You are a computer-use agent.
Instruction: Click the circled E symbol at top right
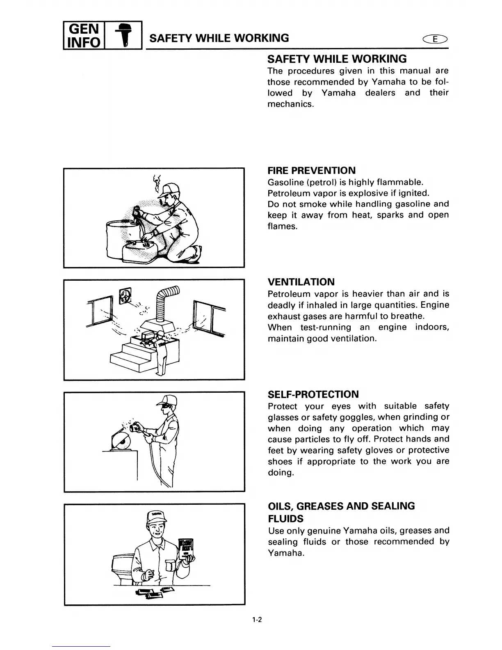point(437,39)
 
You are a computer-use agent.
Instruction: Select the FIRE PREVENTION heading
point(311,171)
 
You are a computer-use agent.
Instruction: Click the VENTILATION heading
point(301,282)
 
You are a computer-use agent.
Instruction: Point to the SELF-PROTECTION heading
point(313,394)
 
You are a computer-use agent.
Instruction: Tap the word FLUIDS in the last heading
point(285,518)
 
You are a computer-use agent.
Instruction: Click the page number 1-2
point(257,620)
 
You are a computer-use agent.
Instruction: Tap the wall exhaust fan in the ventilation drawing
point(125,295)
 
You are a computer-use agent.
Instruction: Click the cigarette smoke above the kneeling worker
point(156,184)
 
